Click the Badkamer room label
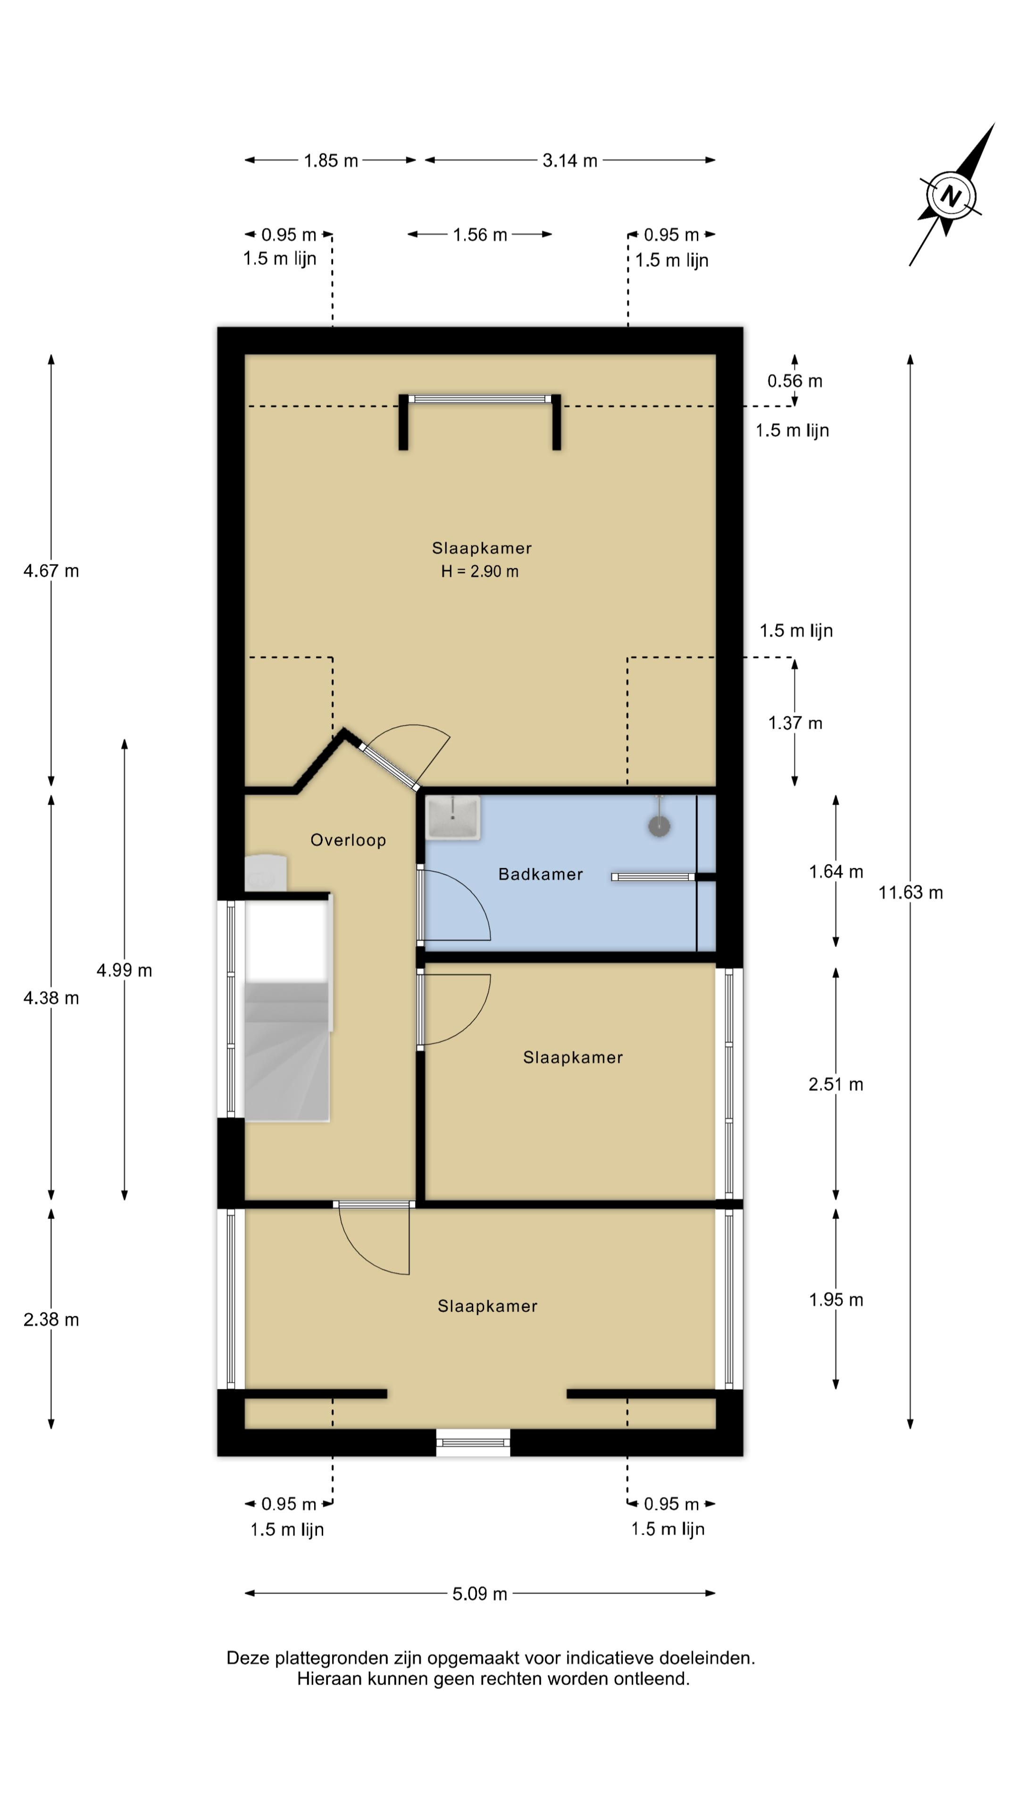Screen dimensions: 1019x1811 540,874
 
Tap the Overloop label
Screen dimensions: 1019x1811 348,840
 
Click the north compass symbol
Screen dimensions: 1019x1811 951,195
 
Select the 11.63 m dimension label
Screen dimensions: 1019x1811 910,892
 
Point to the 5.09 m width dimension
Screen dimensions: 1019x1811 480,1593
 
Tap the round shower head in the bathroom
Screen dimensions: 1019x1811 659,826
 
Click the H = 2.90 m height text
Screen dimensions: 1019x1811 480,572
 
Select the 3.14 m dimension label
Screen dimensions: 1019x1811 569,161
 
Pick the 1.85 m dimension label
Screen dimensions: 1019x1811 331,161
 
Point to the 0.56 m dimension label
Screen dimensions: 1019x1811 794,381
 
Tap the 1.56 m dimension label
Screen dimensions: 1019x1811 480,235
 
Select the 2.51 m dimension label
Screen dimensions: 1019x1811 835,1084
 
